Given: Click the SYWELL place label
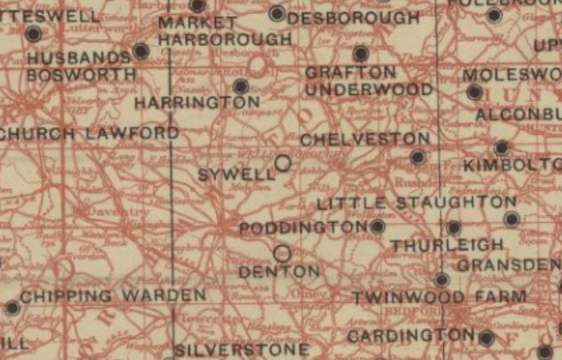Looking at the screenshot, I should pyautogui.click(x=236, y=174).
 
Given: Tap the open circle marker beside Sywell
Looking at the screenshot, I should pyautogui.click(x=283, y=163).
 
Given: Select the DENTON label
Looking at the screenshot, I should pyautogui.click(x=278, y=271).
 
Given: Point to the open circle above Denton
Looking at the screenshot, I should pyautogui.click(x=282, y=252).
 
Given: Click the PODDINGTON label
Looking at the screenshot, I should pyautogui.click(x=303, y=228).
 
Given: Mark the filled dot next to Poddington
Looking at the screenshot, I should pyautogui.click(x=378, y=227).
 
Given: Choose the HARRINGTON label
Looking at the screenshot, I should pyautogui.click(x=197, y=103).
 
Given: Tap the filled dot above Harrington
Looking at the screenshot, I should pyautogui.click(x=240, y=85).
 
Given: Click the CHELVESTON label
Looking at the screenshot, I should pyautogui.click(x=365, y=140).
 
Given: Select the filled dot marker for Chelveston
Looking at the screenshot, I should pyautogui.click(x=418, y=157).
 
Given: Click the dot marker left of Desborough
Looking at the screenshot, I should pyautogui.click(x=277, y=13).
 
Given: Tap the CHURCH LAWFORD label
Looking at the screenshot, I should pyautogui.click(x=90, y=133).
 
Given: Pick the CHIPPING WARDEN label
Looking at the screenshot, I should pyautogui.click(x=113, y=294).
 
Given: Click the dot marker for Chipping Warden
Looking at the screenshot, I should pyautogui.click(x=12, y=308).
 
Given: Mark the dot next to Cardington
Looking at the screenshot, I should pyautogui.click(x=486, y=338).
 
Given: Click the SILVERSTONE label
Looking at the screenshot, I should pyautogui.click(x=242, y=349).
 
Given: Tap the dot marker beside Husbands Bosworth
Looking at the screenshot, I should pyautogui.click(x=140, y=52).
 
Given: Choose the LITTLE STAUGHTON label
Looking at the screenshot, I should pyautogui.click(x=416, y=204).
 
